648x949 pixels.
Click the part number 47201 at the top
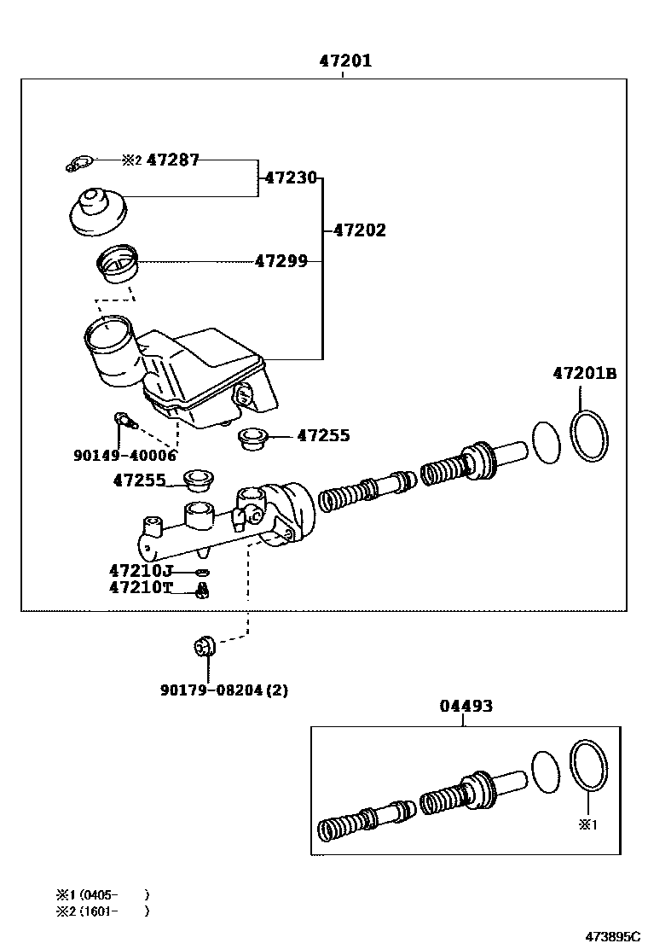(345, 61)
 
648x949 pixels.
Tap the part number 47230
(291, 178)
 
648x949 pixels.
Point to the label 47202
(359, 230)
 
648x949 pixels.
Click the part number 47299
(281, 261)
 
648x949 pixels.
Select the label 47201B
(584, 373)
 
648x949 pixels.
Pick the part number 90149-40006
(124, 455)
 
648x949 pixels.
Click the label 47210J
(141, 570)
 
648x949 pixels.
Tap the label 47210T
(141, 587)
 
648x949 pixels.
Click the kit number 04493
(466, 706)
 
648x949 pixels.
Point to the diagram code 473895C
(611, 935)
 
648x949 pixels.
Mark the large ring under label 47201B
(590, 434)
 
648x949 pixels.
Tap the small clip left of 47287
(79, 163)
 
